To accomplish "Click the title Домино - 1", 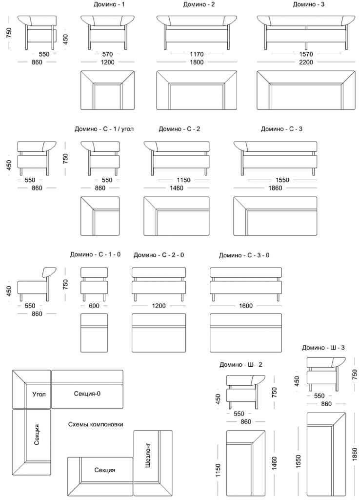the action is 109,4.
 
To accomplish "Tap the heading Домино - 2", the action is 199,4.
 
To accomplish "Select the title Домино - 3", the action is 308,4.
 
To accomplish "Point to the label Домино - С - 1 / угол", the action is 104,129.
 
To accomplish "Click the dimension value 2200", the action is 306,62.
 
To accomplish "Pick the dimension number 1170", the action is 197,54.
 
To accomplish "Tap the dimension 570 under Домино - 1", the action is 107,54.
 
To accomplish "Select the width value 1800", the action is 197,62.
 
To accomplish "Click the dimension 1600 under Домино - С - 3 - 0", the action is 246,306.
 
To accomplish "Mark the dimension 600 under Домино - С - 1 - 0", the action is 94,306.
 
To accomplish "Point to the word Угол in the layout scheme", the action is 39,394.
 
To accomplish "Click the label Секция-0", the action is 87,394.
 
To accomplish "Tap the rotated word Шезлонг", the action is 147,455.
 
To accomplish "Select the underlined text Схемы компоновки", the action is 96,424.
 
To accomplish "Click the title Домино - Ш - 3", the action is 323,348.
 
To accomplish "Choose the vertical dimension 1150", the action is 218,470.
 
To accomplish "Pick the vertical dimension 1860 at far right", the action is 355,454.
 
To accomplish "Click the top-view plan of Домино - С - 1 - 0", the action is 94,333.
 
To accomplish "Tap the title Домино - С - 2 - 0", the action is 159,255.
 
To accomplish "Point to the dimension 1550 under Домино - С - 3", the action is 282,180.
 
